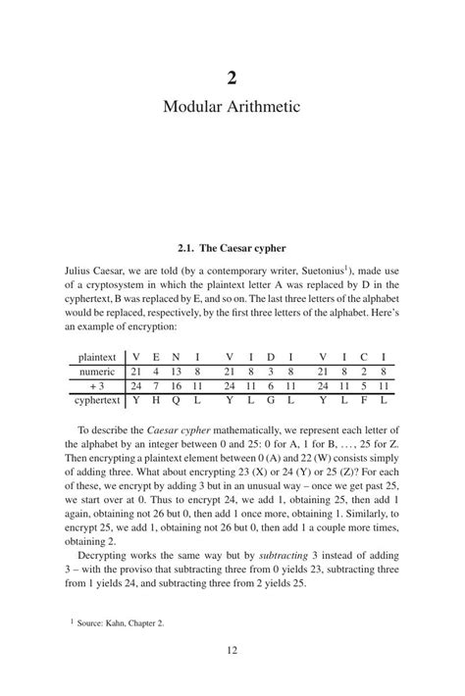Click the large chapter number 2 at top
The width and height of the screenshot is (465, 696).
pyautogui.click(x=232, y=78)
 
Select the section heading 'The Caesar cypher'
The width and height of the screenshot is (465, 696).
pyautogui.click(x=243, y=247)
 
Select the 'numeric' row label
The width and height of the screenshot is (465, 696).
pyautogui.click(x=99, y=373)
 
